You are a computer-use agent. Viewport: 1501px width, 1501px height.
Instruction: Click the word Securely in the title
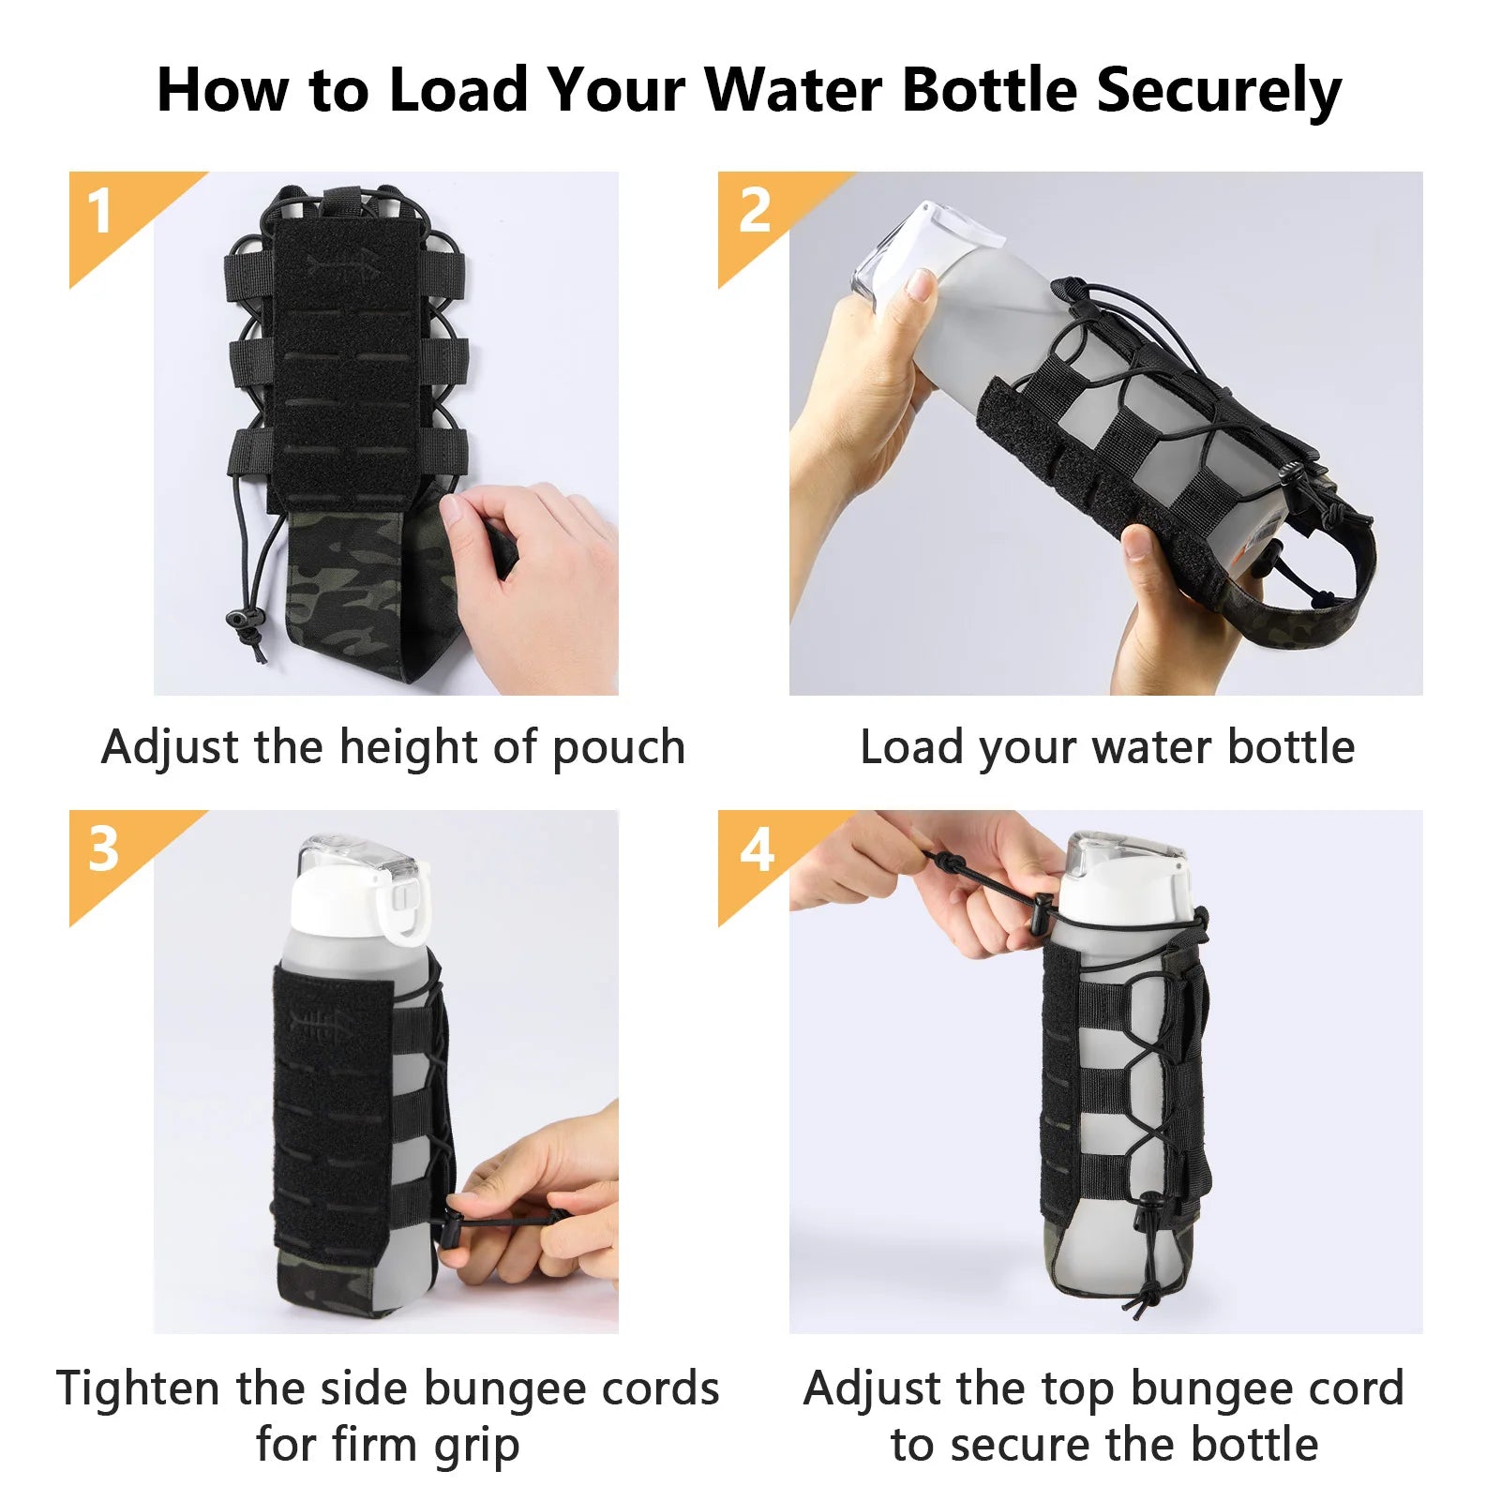1218,92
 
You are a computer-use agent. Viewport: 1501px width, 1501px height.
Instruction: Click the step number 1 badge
100,212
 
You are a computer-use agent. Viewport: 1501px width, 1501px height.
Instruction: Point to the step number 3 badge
102,850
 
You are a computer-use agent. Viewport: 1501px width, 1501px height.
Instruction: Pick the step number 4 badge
756,850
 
